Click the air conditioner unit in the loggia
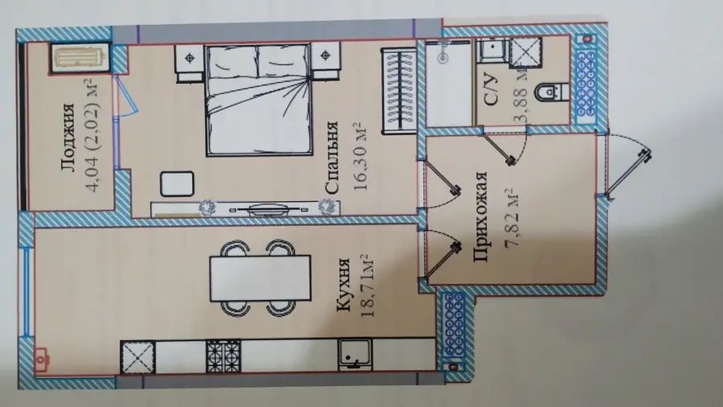point(79,58)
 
